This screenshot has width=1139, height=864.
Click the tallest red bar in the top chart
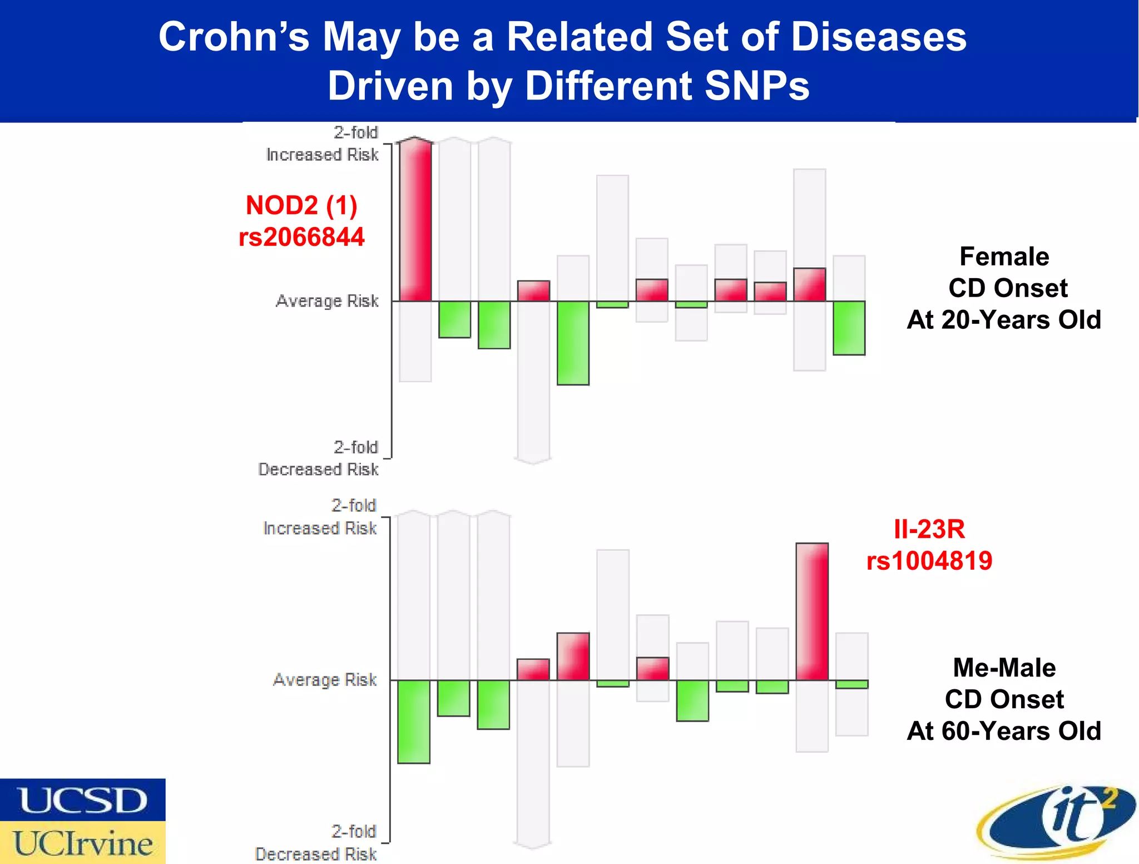coord(415,221)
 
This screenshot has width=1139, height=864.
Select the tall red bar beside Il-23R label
coord(812,611)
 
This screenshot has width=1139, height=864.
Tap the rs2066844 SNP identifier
coord(301,237)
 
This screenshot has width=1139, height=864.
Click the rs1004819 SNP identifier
coord(929,561)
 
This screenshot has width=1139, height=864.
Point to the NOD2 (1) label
coord(301,205)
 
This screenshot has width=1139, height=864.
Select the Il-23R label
coord(929,529)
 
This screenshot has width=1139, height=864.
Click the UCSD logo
coord(83,800)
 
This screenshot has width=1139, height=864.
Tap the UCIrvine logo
coord(83,843)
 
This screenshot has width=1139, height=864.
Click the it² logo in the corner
coord(1057,821)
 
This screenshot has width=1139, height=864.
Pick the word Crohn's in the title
coord(234,37)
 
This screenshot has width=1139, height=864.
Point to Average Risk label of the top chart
coord(327,301)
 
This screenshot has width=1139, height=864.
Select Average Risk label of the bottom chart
coord(325,680)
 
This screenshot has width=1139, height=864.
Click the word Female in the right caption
coord(1004,256)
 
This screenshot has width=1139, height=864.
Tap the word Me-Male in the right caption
coord(1004,668)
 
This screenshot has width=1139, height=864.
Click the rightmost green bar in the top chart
coord(849,328)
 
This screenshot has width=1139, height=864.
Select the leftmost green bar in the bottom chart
coord(414,722)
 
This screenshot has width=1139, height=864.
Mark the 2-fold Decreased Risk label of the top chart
coord(319,458)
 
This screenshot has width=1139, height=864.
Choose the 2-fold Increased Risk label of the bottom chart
coord(320,517)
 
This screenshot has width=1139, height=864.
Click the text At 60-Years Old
coord(1004,731)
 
